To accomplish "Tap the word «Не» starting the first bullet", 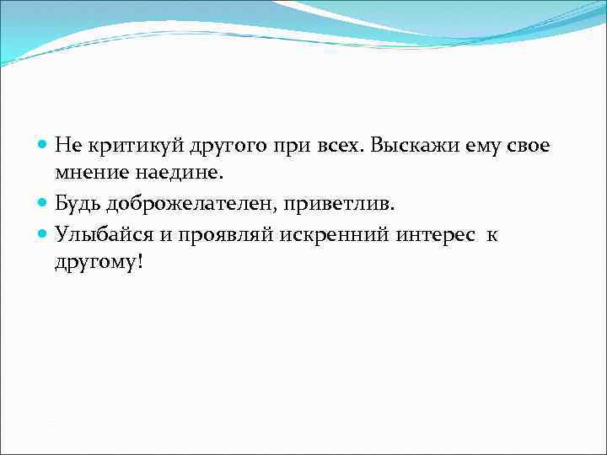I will [67, 145].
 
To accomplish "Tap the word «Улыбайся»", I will [102, 234].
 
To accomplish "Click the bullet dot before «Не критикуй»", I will [44, 146].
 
